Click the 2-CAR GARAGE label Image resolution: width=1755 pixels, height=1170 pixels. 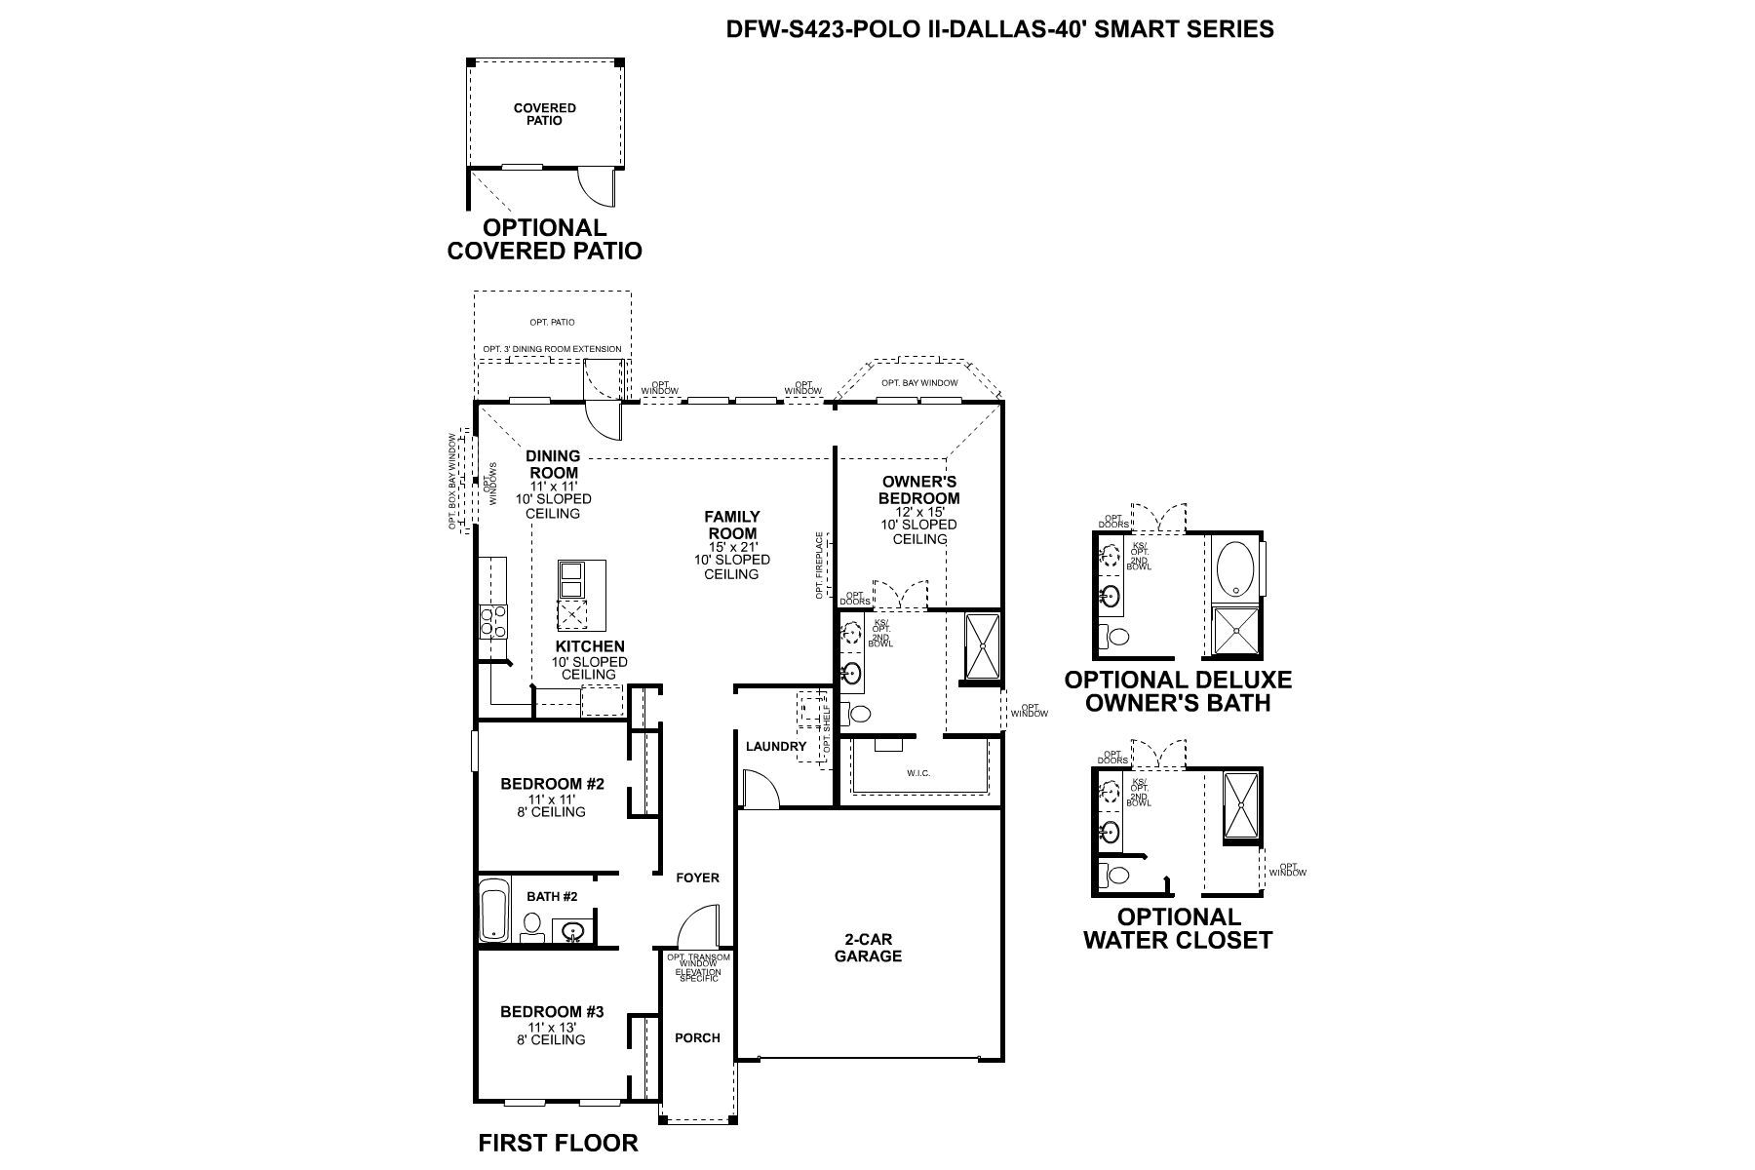[x=868, y=948]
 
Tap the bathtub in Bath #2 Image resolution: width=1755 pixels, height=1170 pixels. [x=494, y=911]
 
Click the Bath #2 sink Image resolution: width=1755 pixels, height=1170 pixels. [x=573, y=931]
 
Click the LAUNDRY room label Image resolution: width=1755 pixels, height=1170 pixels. [x=776, y=747]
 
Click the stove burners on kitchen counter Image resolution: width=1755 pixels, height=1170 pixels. [x=492, y=621]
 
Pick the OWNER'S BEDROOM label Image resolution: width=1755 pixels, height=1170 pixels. [x=919, y=489]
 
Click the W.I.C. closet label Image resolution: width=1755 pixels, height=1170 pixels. [x=918, y=773]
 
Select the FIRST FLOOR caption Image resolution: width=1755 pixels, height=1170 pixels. [x=558, y=1143]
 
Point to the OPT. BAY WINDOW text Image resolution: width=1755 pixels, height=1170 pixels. [x=918, y=383]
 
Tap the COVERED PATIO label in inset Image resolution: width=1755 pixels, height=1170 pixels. [x=545, y=114]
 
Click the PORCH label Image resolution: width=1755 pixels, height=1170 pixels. [x=697, y=1037]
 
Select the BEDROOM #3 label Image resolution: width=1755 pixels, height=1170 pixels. [x=552, y=1012]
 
